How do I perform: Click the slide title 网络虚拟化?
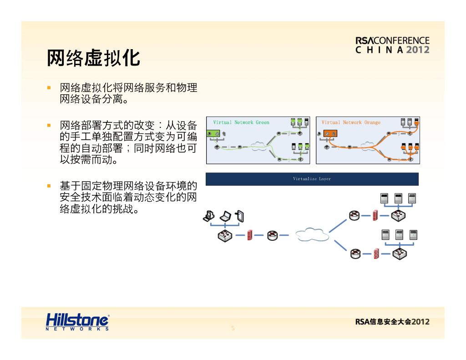(93, 58)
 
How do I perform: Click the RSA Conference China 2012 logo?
(392, 45)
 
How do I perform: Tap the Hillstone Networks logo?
(77, 321)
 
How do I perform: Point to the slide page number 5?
(233, 328)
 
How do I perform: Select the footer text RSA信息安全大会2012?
(392, 322)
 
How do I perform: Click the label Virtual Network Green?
(241, 122)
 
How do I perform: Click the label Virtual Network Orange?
(351, 122)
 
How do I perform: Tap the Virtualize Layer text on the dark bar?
(312, 179)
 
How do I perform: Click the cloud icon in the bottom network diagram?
(312, 235)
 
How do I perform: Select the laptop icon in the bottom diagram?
(225, 215)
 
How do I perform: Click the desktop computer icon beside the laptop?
(209, 215)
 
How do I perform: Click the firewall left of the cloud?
(250, 235)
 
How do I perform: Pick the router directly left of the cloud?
(272, 235)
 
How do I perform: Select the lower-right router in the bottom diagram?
(355, 254)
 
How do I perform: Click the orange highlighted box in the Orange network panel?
(330, 134)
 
